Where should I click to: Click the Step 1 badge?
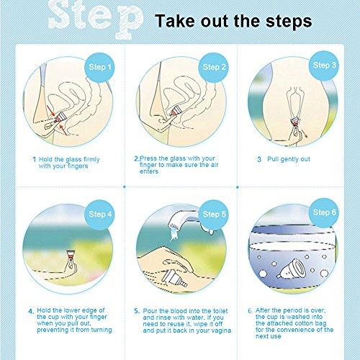(x=99, y=68)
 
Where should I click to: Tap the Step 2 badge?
(x=213, y=68)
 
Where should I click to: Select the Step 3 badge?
(x=324, y=66)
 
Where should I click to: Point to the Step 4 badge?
(x=99, y=215)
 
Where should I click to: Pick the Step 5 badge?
(x=213, y=215)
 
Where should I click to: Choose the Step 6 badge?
(x=324, y=212)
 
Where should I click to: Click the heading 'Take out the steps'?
(x=233, y=21)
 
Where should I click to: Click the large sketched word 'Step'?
(x=96, y=19)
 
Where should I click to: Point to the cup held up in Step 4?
(x=71, y=254)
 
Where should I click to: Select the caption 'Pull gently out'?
(x=289, y=159)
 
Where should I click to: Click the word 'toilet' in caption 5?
(x=220, y=311)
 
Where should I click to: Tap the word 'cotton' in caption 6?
(x=305, y=323)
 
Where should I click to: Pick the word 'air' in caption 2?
(x=214, y=165)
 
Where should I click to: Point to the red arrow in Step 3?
(x=304, y=134)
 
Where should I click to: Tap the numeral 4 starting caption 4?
(x=31, y=312)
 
